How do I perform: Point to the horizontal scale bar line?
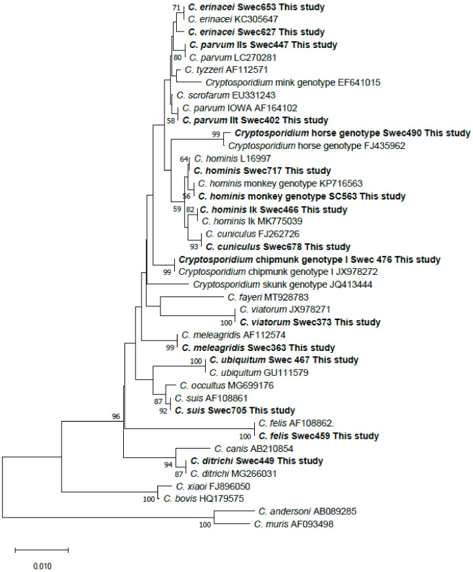41,549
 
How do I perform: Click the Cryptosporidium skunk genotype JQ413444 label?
263,285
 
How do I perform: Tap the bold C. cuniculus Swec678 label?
278,247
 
